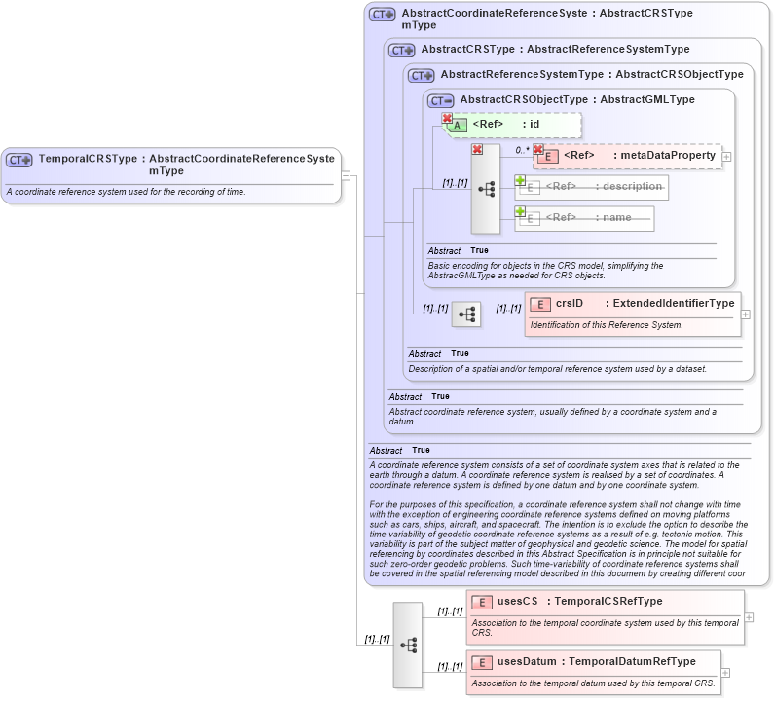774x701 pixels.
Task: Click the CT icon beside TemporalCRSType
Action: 19,160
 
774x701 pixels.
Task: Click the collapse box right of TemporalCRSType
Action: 346,175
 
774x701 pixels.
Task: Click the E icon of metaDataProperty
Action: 548,156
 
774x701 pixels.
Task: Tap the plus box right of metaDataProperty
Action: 726,156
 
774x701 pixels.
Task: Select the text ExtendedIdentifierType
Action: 673,304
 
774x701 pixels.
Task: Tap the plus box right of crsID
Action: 746,314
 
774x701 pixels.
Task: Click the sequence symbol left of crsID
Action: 466,314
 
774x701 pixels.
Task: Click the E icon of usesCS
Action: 482,602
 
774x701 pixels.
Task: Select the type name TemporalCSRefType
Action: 608,602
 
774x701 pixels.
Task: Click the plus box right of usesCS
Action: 749,617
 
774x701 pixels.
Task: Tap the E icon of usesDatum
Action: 482,662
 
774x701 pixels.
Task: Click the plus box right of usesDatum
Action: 725,672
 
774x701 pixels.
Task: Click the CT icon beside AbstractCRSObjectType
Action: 442,100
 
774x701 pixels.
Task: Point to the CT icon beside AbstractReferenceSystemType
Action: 422,75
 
